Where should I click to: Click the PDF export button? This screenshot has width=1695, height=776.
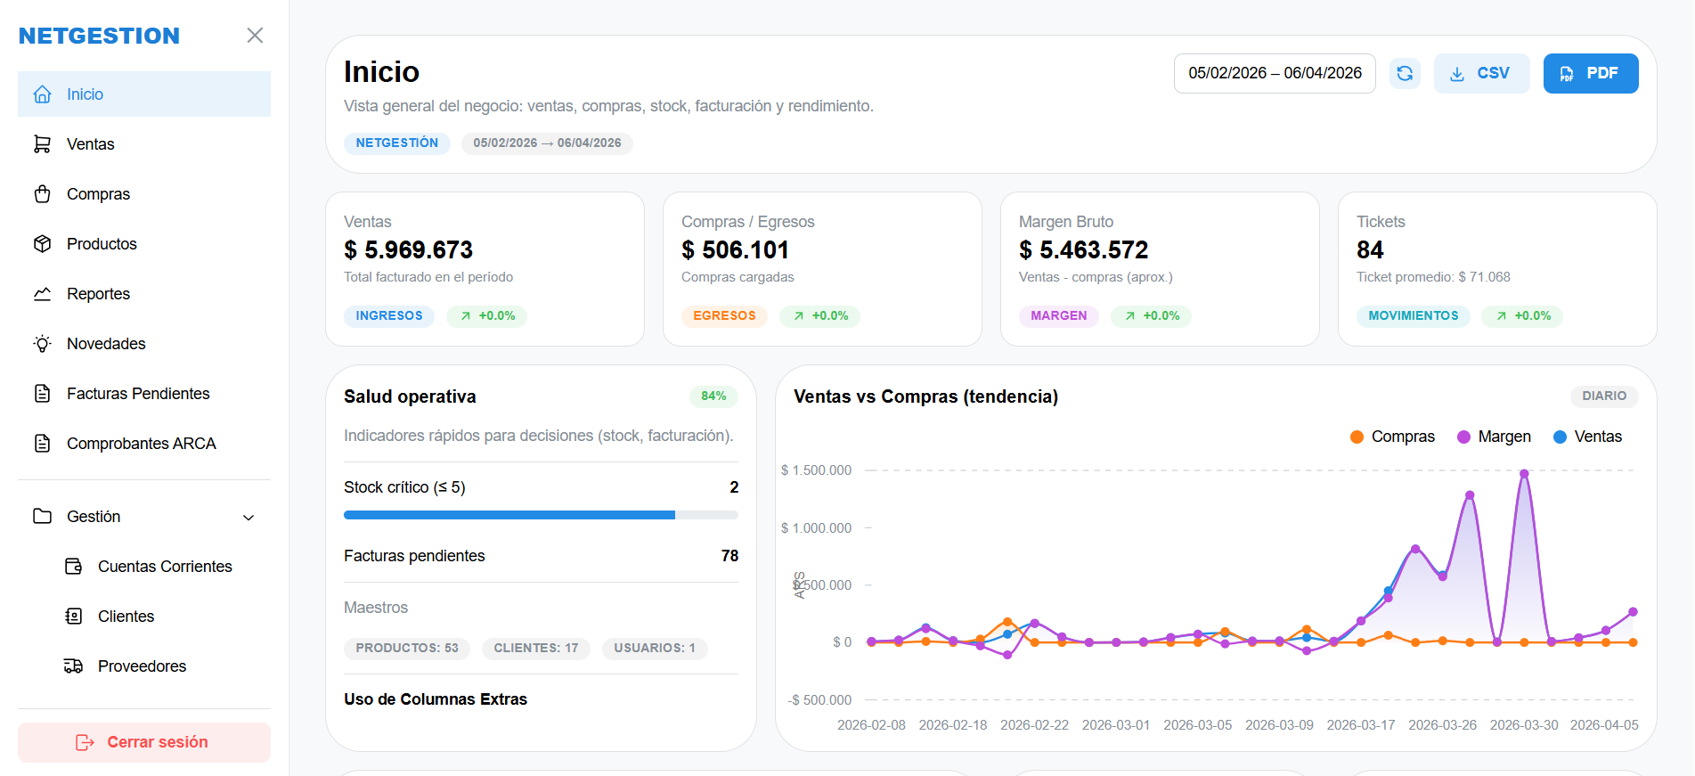point(1590,73)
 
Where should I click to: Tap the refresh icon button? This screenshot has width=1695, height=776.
point(1405,73)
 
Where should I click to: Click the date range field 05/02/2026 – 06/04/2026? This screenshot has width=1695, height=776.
point(1275,73)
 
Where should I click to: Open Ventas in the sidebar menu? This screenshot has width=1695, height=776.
point(90,144)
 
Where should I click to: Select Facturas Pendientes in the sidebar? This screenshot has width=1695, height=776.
point(137,394)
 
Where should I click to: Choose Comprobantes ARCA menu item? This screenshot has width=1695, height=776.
point(141,444)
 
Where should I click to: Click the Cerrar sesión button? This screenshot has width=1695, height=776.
point(144,742)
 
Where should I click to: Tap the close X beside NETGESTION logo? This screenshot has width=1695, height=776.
point(255,36)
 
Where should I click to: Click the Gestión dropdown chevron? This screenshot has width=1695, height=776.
point(249,518)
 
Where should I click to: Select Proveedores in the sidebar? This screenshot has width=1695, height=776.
point(142,666)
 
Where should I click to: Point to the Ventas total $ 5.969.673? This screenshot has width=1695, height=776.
point(409,250)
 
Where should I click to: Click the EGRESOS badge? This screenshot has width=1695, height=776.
point(724,316)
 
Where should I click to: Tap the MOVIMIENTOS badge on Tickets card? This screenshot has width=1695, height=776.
point(1413,316)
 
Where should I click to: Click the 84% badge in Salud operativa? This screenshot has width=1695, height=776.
point(713,396)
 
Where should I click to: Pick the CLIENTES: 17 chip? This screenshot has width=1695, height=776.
point(535,649)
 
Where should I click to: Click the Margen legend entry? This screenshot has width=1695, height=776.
point(1495,437)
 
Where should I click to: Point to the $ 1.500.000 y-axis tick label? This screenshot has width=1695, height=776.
point(816,470)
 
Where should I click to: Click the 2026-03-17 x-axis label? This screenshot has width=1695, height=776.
point(1360,725)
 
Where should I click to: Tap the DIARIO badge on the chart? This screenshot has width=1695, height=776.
point(1603,396)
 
